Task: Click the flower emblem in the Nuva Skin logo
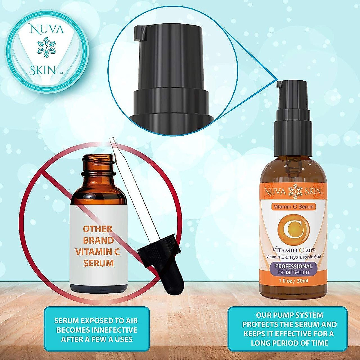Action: point(46,47)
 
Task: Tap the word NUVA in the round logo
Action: point(46,29)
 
